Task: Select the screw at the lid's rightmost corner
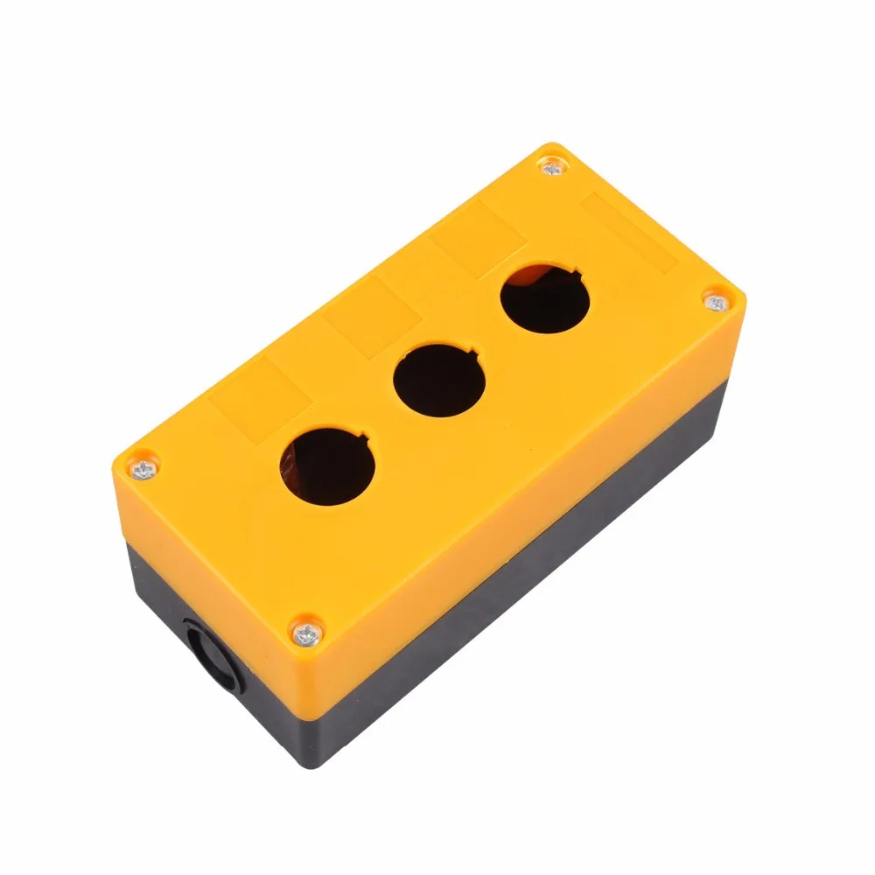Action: tap(716, 304)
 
